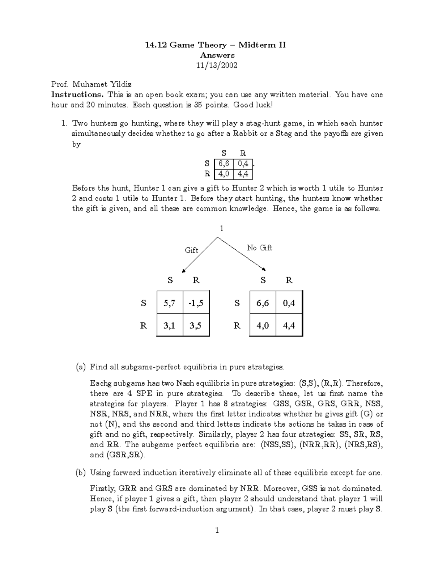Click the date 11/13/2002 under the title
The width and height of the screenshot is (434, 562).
tap(217, 66)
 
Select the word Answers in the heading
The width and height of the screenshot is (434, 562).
tap(217, 55)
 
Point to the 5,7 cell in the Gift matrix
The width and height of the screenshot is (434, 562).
tap(170, 303)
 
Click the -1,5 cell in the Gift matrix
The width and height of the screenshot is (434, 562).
tap(196, 303)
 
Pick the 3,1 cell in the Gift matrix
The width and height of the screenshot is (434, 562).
tap(170, 325)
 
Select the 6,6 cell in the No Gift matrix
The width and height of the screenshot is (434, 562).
tap(263, 303)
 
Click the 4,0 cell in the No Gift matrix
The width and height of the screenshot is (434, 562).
tap(263, 325)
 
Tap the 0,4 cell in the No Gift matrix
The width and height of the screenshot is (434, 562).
tap(289, 303)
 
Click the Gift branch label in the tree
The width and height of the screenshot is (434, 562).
tap(191, 250)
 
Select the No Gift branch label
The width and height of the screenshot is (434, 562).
tap(259, 248)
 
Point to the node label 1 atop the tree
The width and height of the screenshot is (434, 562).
tap(221, 228)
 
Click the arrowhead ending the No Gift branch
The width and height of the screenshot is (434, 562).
tap(265, 269)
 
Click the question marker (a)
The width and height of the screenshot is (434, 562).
tap(81, 367)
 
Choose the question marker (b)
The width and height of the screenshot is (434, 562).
tap(81, 473)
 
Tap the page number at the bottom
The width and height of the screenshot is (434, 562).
tap(217, 531)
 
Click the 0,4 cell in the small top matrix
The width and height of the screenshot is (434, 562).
tap(243, 164)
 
